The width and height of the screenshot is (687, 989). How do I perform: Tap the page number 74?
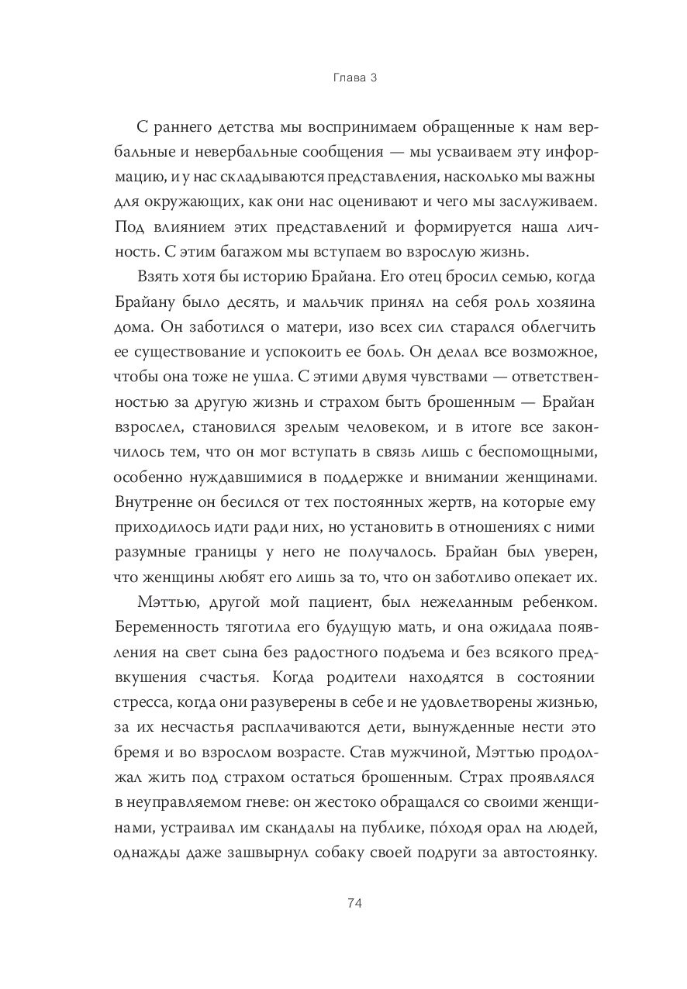[x=343, y=903]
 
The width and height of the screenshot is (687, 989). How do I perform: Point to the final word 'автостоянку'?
[x=543, y=854]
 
